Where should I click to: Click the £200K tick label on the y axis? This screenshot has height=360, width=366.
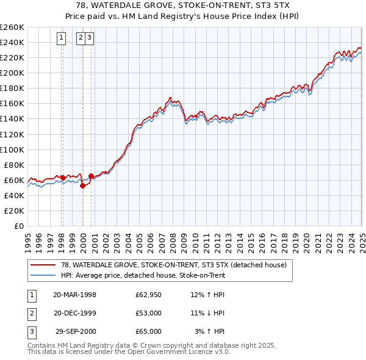pyautogui.click(x=12, y=73)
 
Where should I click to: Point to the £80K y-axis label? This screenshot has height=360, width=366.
pyautogui.click(x=14, y=165)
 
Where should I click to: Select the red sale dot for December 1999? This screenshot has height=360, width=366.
pyautogui.click(x=82, y=186)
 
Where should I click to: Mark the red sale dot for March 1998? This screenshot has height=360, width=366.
pyautogui.click(x=63, y=178)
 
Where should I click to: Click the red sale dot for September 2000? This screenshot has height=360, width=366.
pyautogui.click(x=91, y=176)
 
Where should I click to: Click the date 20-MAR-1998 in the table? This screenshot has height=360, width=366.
pyautogui.click(x=75, y=295)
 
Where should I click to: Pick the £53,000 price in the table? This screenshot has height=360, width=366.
pyautogui.click(x=149, y=313)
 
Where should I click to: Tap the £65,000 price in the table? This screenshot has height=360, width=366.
pyautogui.click(x=149, y=331)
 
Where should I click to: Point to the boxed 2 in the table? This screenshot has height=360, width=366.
pyautogui.click(x=31, y=313)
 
